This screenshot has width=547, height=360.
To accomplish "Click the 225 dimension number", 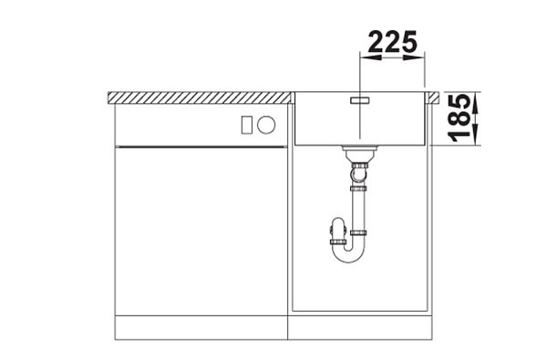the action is click(392, 42).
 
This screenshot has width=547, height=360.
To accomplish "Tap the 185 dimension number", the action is click(459, 118).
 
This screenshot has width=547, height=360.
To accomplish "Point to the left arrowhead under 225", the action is click(370, 57).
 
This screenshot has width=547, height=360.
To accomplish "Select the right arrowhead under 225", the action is click(415, 57).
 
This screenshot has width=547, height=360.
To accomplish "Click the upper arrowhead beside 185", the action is click(476, 103).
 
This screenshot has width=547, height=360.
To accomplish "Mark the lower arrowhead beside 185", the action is click(476, 135).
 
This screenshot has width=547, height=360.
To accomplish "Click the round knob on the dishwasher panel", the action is click(266, 125).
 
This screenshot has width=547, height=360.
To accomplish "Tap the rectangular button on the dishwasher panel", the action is click(246, 125).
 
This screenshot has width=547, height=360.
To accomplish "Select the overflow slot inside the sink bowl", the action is click(360, 100).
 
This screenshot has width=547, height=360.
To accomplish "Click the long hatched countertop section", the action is click(199, 98).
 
